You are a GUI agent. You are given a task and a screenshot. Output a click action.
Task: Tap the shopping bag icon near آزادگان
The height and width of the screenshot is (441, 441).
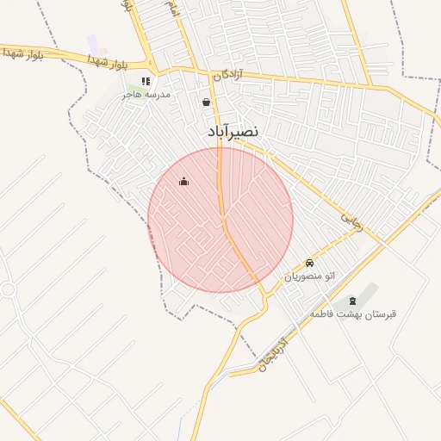206,102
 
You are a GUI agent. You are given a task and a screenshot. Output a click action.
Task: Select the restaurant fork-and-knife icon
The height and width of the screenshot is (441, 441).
146,81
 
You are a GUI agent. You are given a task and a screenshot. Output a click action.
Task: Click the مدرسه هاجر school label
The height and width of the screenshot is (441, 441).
146,93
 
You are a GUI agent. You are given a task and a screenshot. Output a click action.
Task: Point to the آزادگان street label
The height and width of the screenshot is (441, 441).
229,76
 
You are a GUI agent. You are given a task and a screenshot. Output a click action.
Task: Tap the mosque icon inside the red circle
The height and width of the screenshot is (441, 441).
183,181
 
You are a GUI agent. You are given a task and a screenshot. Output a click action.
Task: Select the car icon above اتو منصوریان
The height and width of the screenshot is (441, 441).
309,262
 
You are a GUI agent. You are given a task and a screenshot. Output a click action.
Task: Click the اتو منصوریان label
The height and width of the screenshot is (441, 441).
309,276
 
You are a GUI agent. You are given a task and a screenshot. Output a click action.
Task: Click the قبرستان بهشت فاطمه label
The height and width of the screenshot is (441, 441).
353,314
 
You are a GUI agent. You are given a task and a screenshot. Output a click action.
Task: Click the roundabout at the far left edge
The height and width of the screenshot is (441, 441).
7,290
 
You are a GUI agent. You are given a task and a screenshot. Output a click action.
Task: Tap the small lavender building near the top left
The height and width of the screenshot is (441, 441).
92,42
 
